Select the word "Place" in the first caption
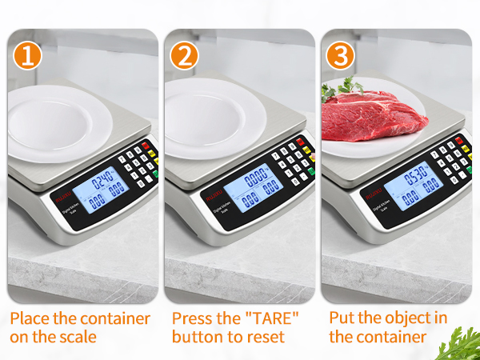click(x=31, y=318)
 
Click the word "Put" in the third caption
click(x=343, y=318)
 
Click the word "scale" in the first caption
click(x=75, y=337)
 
